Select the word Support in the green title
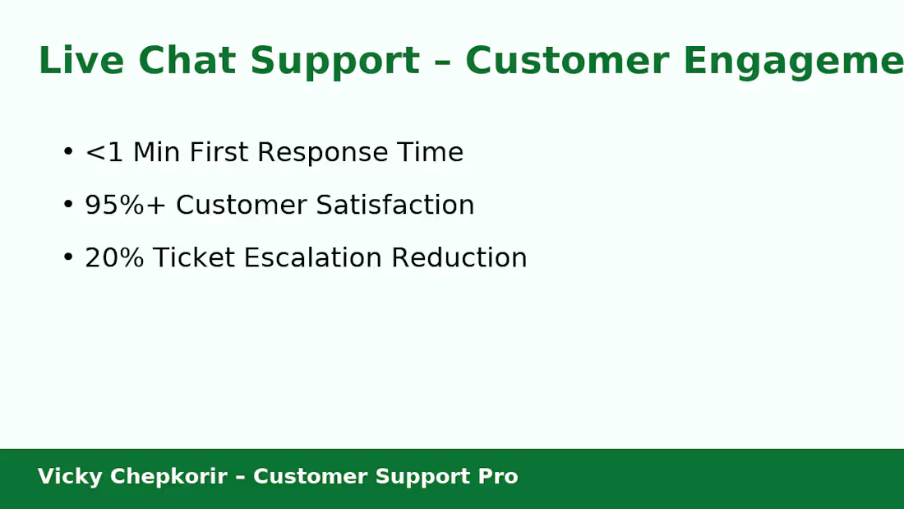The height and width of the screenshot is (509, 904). pyautogui.click(x=334, y=61)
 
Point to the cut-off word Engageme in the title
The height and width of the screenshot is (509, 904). pyautogui.click(x=792, y=61)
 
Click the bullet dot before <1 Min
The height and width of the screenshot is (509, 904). pyautogui.click(x=68, y=152)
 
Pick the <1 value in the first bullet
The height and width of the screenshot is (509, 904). pyautogui.click(x=104, y=152)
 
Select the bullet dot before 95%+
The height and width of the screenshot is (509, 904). pyautogui.click(x=68, y=205)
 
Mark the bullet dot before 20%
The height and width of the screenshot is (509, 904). pyautogui.click(x=68, y=257)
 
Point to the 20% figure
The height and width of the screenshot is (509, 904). pyautogui.click(x=114, y=257)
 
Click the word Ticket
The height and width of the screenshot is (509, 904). pyautogui.click(x=187, y=257)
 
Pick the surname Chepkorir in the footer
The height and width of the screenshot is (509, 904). pyautogui.click(x=168, y=477)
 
